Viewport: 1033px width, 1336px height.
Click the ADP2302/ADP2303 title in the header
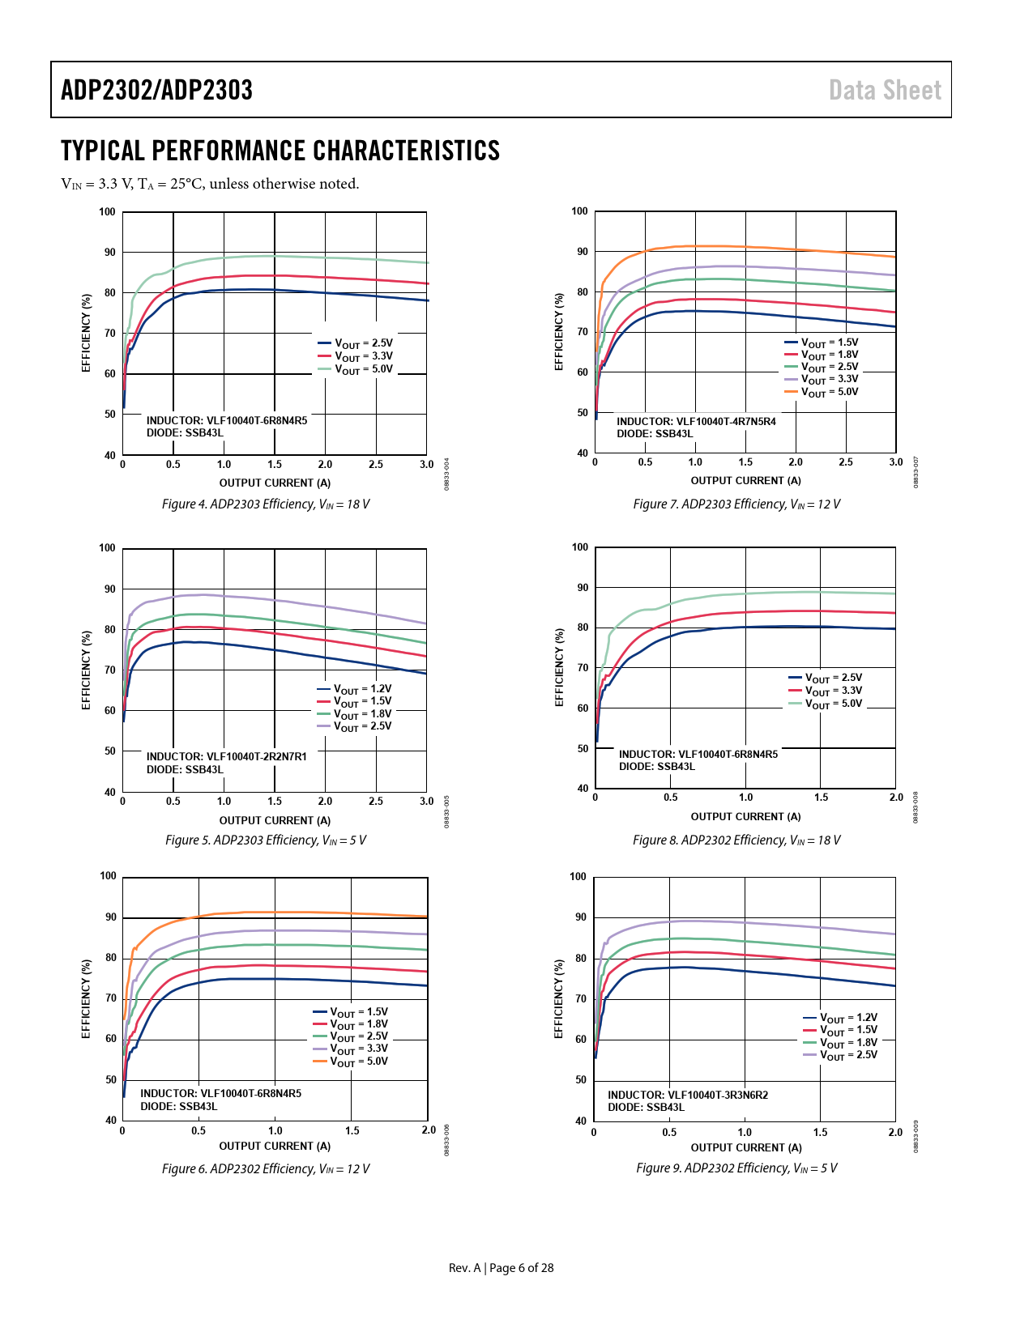click(156, 90)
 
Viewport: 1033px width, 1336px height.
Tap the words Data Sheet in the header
click(885, 90)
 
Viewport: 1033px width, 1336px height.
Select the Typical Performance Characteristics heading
click(280, 151)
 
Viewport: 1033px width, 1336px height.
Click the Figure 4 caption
click(266, 504)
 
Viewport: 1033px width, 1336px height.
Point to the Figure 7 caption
click(736, 504)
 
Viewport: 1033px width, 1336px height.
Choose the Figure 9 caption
click(736, 1168)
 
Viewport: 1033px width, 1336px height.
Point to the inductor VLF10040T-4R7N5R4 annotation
click(696, 422)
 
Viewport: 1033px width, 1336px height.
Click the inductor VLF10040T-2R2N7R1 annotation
click(227, 757)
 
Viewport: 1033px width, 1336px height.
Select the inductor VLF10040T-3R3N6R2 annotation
click(688, 1096)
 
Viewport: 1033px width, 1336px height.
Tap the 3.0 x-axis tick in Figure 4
click(426, 465)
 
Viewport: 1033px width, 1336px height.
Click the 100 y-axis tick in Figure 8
click(580, 547)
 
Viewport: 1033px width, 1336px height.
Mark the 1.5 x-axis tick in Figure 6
click(352, 1131)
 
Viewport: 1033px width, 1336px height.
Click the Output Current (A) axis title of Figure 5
click(275, 821)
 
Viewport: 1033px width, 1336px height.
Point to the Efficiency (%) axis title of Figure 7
click(559, 332)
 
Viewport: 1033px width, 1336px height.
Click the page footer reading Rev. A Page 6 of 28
click(501, 1268)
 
